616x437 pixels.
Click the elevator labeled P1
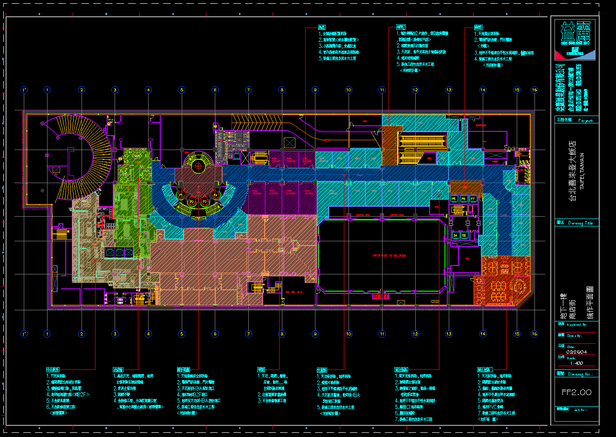180,194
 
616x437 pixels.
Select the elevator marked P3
204,201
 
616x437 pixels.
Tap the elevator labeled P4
215,194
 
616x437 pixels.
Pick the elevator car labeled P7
473,199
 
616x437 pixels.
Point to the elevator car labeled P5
454,199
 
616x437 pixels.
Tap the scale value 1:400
576,363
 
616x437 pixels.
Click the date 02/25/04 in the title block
576,352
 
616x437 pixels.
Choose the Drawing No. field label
580,374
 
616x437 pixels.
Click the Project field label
586,121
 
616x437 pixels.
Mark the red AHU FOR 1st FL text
294,292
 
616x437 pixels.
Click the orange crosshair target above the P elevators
198,164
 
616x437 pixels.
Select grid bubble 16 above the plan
534,90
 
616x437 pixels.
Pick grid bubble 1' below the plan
24,334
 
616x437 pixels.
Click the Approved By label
577,325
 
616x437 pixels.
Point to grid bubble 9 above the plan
315,90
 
